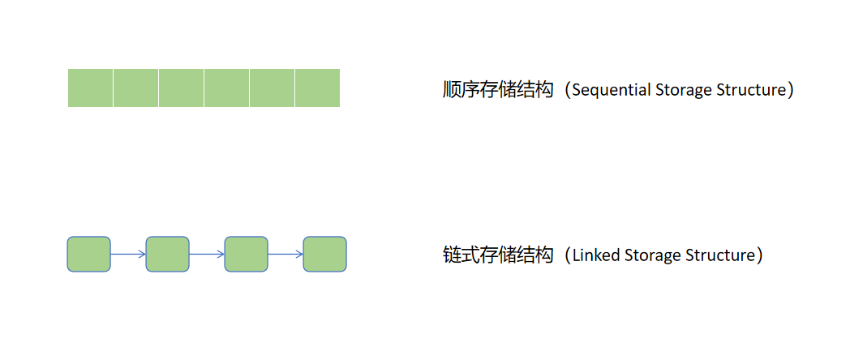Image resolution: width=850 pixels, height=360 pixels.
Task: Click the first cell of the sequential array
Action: click(x=90, y=88)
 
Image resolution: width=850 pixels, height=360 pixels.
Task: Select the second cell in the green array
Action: click(x=135, y=88)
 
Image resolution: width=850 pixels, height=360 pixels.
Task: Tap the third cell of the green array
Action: click(x=181, y=88)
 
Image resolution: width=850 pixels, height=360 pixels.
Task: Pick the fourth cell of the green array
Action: click(x=226, y=88)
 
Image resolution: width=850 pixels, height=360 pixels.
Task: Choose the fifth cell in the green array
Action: click(x=272, y=88)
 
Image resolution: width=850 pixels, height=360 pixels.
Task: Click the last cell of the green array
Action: click(x=317, y=88)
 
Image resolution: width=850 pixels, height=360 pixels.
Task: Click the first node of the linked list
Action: click(x=88, y=254)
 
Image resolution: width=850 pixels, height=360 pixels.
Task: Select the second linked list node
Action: click(x=167, y=254)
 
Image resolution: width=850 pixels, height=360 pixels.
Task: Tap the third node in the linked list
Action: click(x=246, y=254)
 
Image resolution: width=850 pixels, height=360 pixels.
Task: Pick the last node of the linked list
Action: click(x=324, y=254)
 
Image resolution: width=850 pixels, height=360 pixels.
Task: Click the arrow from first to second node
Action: click(x=128, y=254)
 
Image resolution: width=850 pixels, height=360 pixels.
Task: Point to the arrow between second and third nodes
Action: click(x=207, y=254)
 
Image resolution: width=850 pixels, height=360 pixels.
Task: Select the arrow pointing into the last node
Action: click(x=285, y=254)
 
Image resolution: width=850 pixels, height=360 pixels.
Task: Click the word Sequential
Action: click(x=610, y=90)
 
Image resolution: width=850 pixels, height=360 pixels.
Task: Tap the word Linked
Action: click(x=596, y=255)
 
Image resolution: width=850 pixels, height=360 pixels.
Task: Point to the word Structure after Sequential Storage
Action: click(x=751, y=90)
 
